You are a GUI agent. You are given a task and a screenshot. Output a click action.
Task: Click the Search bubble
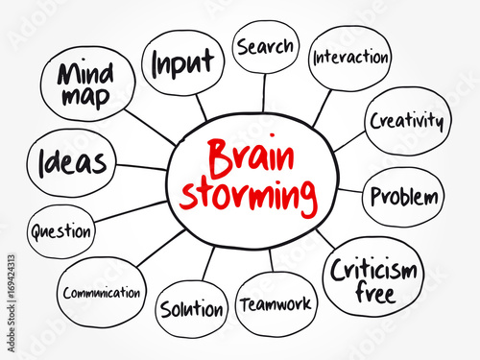(265, 46)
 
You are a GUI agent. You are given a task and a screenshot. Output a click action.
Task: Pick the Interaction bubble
(349, 57)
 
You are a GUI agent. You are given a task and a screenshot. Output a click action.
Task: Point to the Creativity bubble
(407, 122)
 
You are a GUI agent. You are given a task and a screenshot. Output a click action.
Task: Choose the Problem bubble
(403, 198)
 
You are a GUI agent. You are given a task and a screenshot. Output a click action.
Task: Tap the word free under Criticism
(373, 294)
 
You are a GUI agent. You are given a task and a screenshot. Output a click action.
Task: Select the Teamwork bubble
(275, 304)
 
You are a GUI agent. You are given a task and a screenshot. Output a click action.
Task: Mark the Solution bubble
(193, 309)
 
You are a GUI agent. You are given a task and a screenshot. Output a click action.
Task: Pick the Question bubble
(61, 231)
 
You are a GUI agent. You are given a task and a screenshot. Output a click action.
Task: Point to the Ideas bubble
(73, 161)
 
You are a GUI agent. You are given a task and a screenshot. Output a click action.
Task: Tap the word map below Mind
(84, 97)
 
